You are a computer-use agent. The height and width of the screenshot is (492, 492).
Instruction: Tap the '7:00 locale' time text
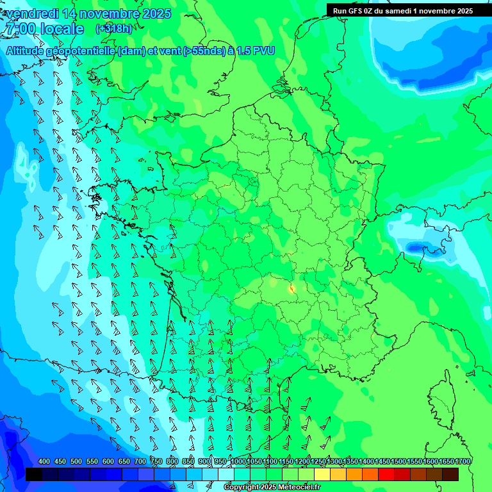44,29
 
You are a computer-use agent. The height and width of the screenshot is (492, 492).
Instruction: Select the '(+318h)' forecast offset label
113,29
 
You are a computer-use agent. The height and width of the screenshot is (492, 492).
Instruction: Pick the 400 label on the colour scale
44,461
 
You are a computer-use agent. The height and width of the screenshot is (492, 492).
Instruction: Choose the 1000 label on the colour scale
238,461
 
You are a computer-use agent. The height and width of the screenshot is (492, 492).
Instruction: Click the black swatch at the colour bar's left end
34,474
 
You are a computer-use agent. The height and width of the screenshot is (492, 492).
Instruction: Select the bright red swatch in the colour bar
386,474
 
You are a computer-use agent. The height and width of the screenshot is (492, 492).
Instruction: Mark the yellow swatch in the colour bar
322,474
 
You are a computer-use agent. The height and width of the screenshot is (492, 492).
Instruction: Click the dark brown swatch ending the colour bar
450,474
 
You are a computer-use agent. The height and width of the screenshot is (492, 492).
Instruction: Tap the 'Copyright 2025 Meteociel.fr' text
272,488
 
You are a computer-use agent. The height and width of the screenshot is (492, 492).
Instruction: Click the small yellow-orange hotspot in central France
291,288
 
